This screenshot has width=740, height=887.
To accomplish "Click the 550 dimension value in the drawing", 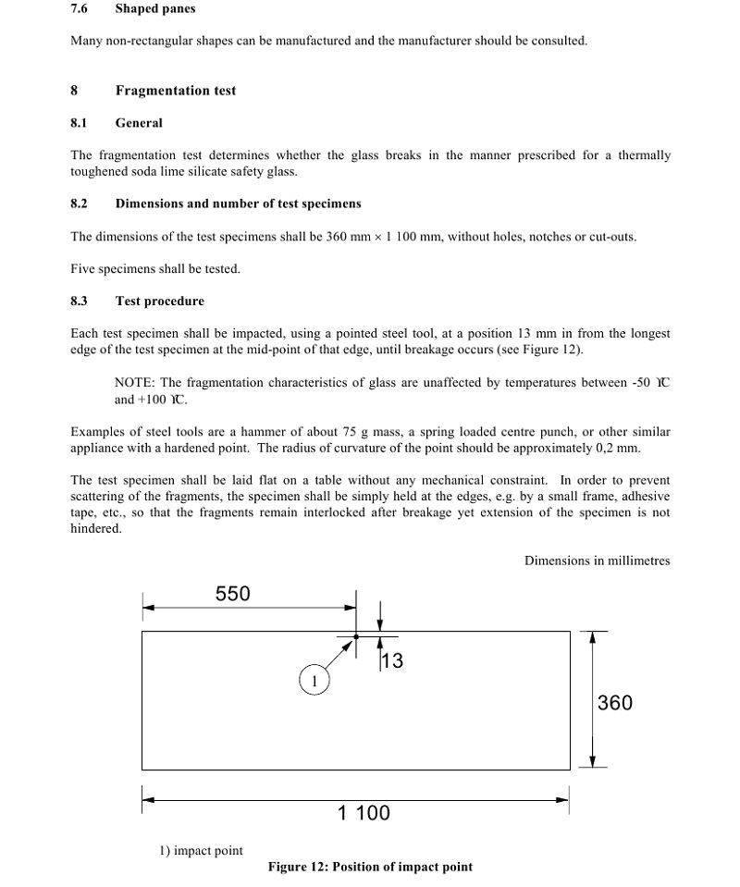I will [232, 594].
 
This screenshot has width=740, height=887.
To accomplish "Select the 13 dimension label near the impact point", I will [392, 660].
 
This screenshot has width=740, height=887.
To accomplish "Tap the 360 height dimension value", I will [615, 703].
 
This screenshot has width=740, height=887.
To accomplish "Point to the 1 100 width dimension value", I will [364, 813].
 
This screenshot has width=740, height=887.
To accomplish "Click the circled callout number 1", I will [314, 682].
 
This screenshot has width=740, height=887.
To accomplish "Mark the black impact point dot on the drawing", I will [356, 636].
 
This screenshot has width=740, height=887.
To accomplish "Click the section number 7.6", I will [79, 9].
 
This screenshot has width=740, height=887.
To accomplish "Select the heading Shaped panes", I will [155, 9].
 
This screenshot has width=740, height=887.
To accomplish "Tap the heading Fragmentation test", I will [176, 91].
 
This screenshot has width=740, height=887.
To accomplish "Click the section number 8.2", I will [79, 203].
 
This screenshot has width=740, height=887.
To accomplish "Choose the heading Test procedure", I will [160, 302].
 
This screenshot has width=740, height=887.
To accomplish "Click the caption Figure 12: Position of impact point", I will [370, 867].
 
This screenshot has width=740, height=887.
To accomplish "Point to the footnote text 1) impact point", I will [202, 851].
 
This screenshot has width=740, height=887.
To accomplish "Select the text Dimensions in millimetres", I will [597, 561].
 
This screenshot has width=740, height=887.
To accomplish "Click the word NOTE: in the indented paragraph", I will [136, 383].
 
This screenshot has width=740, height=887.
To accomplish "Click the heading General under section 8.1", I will [139, 123].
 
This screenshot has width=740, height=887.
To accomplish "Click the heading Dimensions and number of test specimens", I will [239, 203].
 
